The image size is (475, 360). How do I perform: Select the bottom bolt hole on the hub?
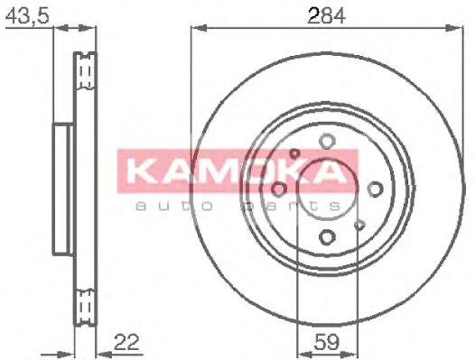pos(327,236)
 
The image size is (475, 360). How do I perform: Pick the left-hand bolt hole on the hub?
pos(279,189)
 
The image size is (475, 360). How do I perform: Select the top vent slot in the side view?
pos(87,69)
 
